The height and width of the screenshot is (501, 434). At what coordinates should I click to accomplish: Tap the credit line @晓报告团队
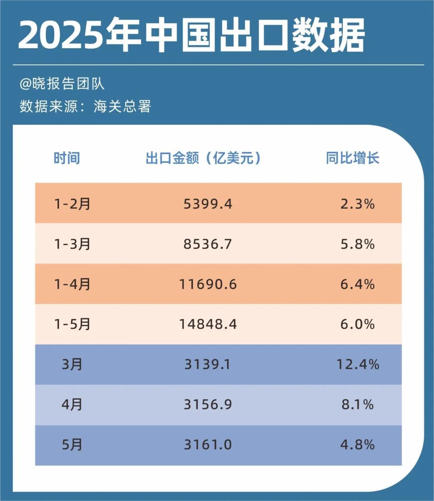(62, 84)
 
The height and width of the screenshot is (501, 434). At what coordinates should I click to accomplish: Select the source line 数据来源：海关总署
(85, 106)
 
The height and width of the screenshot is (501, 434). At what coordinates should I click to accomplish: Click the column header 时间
(67, 158)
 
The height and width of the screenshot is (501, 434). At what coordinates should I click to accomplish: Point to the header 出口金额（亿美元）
(203, 158)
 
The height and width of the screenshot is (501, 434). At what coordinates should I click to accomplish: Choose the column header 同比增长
(352, 158)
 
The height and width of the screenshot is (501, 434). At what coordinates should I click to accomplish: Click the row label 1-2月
(72, 204)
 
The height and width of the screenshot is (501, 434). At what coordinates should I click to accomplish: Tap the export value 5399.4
(208, 204)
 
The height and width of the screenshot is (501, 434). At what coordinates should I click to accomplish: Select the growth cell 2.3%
(357, 204)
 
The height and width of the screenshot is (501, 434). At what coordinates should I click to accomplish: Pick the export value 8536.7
(208, 244)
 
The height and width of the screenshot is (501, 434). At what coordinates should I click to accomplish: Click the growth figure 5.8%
(357, 244)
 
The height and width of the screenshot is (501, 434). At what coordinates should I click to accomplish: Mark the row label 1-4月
(72, 284)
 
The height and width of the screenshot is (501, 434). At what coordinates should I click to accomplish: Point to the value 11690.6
(208, 284)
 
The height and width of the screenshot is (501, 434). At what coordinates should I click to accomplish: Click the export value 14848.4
(208, 324)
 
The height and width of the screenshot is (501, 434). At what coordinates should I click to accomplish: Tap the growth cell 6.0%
(357, 324)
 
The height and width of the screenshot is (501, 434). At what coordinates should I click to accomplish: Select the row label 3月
(72, 364)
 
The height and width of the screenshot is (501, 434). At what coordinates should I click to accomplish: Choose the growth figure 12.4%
(357, 364)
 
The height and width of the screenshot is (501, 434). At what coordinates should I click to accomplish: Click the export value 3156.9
(208, 404)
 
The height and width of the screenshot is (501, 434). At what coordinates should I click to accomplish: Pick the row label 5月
(72, 445)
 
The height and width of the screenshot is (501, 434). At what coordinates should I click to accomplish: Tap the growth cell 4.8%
(357, 445)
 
